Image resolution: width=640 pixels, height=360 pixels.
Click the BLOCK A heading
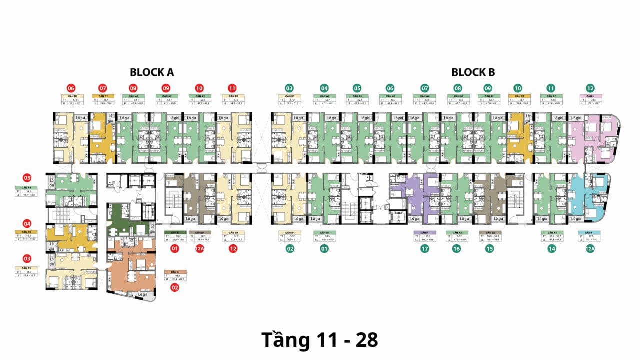point(152,72)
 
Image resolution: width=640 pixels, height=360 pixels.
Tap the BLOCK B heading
point(473,72)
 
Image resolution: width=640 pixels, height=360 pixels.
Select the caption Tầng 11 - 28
point(320,340)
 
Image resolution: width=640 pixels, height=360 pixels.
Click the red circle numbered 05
point(27,178)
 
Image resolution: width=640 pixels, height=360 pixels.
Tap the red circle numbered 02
point(175,287)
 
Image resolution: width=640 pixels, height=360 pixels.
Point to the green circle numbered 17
point(424,248)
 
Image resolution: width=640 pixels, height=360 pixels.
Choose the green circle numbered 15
point(489,248)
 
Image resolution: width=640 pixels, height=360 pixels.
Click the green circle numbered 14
point(552,248)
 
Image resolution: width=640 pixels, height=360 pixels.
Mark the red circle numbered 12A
point(199,248)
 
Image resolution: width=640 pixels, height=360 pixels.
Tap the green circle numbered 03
point(289,88)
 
